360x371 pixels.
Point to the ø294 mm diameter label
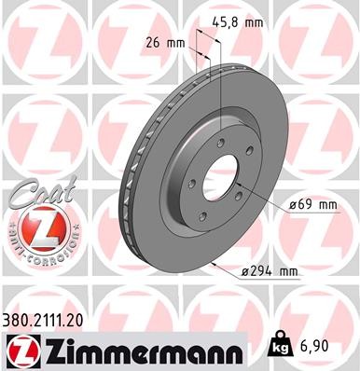269,271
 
